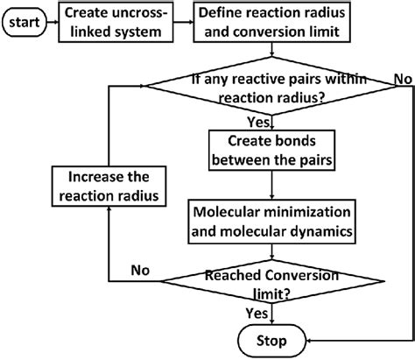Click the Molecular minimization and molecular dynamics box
(276, 221)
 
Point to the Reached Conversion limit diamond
(276, 281)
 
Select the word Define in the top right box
(222, 15)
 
